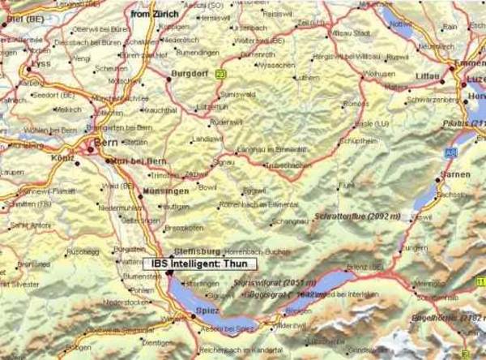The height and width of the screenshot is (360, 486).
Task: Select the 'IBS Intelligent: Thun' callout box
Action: [x=199, y=264]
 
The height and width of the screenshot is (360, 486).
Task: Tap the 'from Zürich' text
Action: [x=153, y=14]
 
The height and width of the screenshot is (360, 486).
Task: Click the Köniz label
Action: [x=61, y=160]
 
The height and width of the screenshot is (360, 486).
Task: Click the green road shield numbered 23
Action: [x=220, y=74]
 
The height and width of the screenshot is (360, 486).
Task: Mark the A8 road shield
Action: [x=449, y=151]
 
